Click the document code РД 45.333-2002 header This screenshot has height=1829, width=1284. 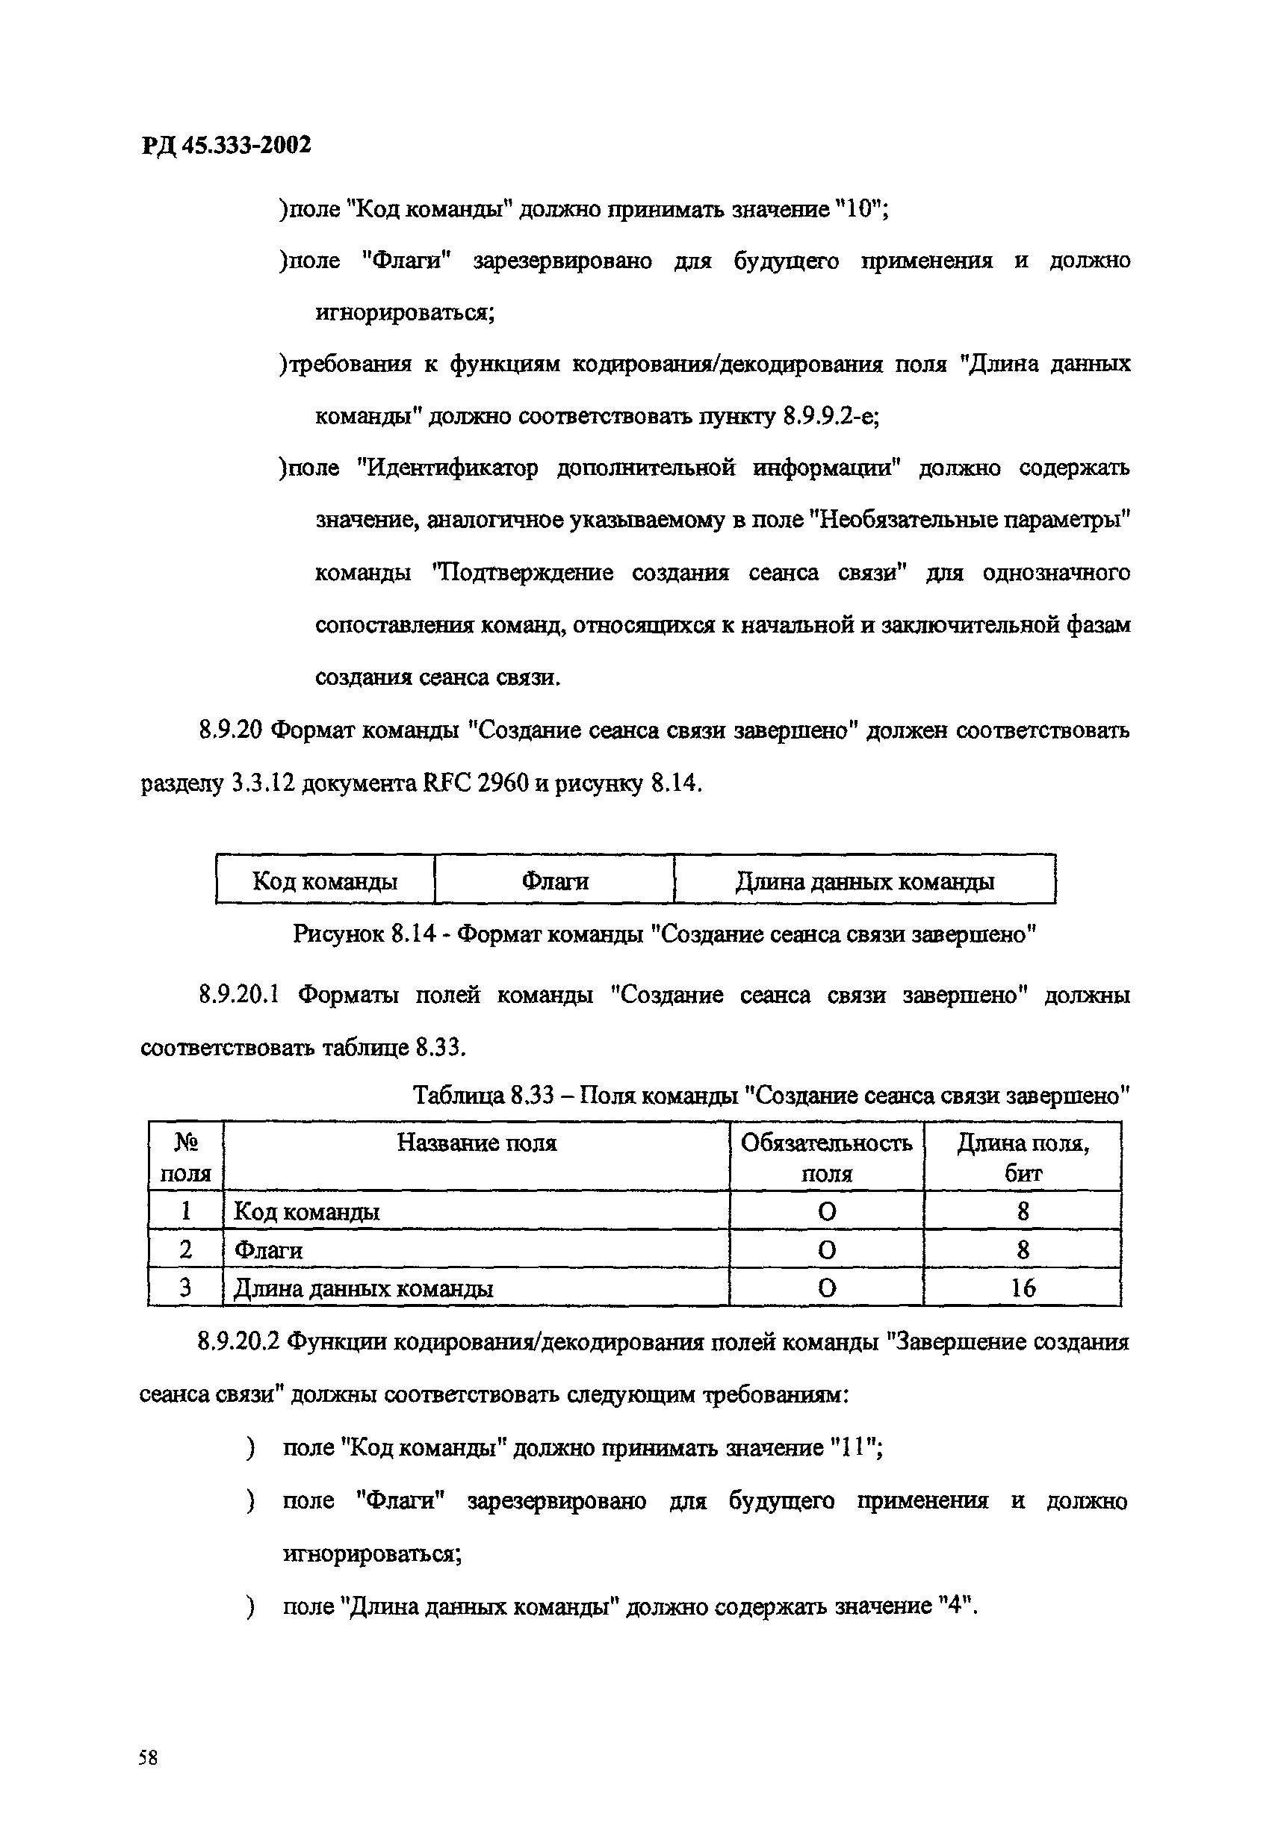[226, 146]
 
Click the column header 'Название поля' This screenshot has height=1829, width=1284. [477, 1143]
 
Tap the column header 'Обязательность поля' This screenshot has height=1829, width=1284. [826, 1158]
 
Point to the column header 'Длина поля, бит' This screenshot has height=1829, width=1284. [1023, 1158]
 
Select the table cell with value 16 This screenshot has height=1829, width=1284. [1023, 1288]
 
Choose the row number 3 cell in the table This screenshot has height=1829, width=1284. [185, 1288]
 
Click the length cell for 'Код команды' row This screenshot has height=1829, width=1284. [1023, 1211]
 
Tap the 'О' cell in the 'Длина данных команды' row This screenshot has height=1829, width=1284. [827, 1288]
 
